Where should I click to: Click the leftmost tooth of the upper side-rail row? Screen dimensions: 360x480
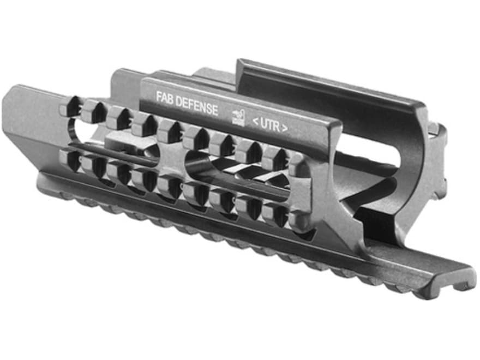coord(70,106)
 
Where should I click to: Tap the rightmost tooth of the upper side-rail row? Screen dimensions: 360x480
coord(299,164)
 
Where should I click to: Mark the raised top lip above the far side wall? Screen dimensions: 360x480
coord(327,82)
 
